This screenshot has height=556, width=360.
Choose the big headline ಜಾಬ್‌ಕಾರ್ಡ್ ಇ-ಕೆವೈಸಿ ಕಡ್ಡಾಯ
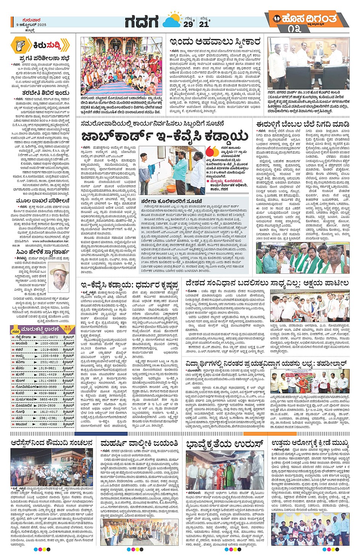165,136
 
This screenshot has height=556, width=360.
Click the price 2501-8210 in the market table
49,362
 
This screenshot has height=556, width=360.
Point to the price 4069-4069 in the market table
49,424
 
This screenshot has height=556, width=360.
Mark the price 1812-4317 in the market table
49,412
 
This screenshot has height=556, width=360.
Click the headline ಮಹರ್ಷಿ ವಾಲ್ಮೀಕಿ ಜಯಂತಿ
139,443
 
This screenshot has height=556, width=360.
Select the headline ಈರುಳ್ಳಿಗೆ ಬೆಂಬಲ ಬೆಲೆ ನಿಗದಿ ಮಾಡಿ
302,124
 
